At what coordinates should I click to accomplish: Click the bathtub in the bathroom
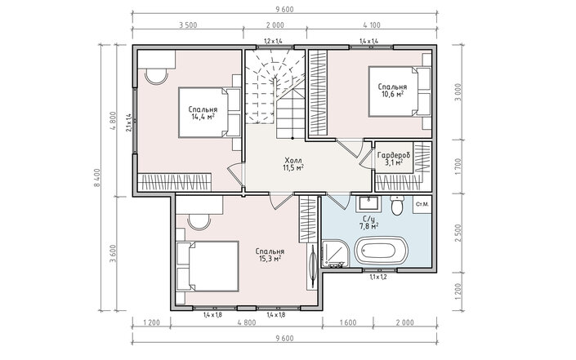(381, 251)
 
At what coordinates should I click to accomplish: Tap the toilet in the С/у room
(397, 205)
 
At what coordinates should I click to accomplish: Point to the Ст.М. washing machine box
(422, 204)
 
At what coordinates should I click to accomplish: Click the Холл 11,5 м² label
(293, 164)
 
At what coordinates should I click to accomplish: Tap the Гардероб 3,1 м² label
(394, 159)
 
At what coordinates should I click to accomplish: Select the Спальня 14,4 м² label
(203, 113)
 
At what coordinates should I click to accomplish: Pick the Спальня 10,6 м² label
(392, 91)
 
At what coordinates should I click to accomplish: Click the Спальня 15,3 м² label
(270, 255)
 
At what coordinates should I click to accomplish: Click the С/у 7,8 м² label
(369, 223)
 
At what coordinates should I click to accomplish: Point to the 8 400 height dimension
(96, 178)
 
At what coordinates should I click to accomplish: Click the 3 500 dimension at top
(188, 25)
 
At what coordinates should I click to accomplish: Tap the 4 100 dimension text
(372, 25)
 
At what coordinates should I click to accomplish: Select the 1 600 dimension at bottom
(348, 323)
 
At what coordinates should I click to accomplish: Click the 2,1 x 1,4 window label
(128, 122)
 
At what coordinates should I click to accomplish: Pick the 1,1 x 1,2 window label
(378, 277)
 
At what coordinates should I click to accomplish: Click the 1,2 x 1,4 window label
(274, 41)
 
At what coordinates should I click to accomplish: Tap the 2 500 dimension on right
(458, 233)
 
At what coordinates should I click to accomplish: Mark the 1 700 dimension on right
(458, 167)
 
